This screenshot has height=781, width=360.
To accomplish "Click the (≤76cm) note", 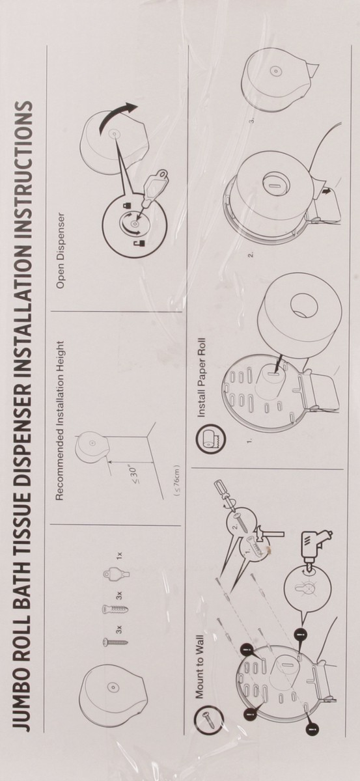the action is pyautogui.click(x=177, y=480).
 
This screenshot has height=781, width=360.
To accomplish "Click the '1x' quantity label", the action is pyautogui.click(x=119, y=555).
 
